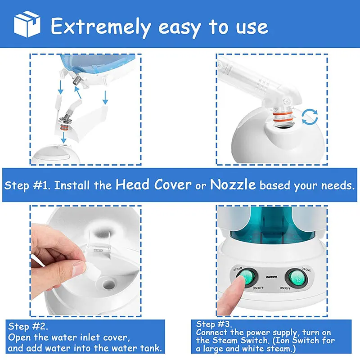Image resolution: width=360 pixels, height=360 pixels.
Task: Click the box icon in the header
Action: coord(27,24)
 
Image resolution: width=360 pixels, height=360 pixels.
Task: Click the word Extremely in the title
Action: coord(99,26)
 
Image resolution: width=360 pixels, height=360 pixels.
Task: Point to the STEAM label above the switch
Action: coord(238,269)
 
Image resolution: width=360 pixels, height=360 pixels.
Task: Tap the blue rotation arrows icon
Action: coord(309,117)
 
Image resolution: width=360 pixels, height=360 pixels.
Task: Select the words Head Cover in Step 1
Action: coord(153,184)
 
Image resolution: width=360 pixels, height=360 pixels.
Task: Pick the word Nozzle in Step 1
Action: coord(234,184)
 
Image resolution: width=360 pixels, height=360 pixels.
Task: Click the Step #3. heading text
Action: coord(215,324)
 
